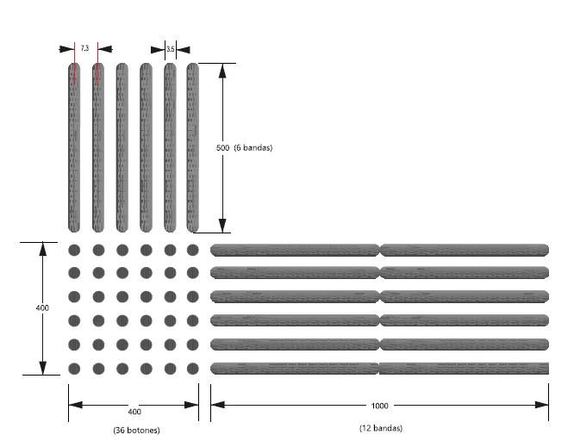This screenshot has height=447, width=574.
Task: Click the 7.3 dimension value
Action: point(84,48)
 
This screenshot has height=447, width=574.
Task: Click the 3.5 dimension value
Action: point(171,49)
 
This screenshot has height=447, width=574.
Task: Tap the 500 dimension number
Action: point(222,148)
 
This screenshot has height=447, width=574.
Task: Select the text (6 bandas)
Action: point(253,148)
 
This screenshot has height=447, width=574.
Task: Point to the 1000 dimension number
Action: point(379,406)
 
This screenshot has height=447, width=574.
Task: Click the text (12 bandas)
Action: point(381,428)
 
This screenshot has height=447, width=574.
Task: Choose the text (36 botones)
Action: point(136,430)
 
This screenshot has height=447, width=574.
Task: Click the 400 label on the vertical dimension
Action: point(42,308)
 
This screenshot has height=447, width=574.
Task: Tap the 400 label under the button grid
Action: point(134,412)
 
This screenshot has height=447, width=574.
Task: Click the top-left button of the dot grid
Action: point(74,251)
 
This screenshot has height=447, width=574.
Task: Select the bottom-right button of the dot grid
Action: point(192,369)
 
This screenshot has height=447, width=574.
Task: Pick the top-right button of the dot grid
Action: point(192,251)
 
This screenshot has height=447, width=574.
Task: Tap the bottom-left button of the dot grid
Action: point(74,369)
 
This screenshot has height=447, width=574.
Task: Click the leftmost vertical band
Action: point(74,148)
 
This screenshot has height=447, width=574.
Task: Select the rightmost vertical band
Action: point(192,148)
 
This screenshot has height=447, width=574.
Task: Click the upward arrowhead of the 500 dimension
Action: point(222,71)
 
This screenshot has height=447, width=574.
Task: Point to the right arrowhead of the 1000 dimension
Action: point(542,405)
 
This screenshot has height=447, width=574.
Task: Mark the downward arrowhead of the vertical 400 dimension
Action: point(43,368)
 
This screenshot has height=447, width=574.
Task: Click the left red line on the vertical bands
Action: point(75,63)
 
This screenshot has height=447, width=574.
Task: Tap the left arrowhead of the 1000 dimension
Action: point(218,405)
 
